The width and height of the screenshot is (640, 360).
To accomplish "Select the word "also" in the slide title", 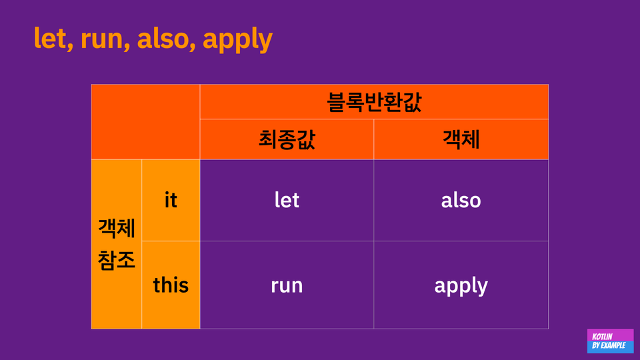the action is coord(163,39).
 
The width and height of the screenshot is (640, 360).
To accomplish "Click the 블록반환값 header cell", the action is coord(374,102).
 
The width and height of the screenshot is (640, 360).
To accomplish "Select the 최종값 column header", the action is coord(287,139).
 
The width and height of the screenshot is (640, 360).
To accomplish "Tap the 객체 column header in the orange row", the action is coord(461,139).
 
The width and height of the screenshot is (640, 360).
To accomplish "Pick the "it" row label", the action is coord(171,200).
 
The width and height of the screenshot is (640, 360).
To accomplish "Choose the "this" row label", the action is coord(171,285).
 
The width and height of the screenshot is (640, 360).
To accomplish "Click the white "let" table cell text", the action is coord(287,200).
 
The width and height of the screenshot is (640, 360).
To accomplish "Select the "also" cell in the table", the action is coord(461,200).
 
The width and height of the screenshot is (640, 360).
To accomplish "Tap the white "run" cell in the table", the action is coord(287,285).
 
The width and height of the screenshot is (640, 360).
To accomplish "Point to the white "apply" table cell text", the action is coord(461,286).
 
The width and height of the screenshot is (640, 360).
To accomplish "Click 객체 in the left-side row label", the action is coord(116,228).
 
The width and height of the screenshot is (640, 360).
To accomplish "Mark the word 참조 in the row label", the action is coord(116,260).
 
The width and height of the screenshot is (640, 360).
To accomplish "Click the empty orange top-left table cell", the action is coord(146,122).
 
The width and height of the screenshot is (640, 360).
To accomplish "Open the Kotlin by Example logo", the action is coord(610,341).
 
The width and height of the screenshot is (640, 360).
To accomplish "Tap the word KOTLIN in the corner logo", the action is coord(602,336).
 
